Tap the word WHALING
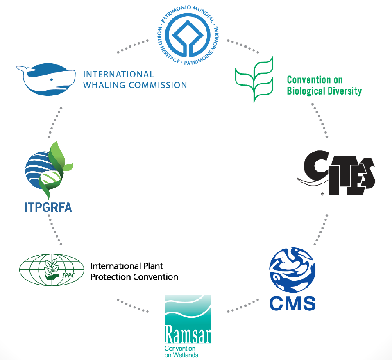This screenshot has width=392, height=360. tap(103, 85)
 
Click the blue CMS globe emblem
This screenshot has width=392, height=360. tap(292, 270)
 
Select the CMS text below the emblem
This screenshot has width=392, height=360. tap(292, 303)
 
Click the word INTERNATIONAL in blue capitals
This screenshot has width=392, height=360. tap(118, 75)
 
